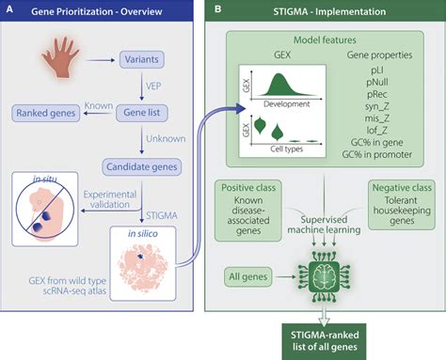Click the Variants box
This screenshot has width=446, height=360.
pos(142,59)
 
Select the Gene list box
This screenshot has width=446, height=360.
pos(142,113)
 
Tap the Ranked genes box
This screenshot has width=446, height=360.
pos(46,113)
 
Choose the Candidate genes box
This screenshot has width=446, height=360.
pos(142,167)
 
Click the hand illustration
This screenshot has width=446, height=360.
pos(61,57)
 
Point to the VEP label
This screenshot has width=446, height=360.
pos(153,86)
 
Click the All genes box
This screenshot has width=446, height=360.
pos(248,276)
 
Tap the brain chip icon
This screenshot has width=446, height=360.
pos(324,277)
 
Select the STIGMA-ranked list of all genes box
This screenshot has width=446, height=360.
pos(325,341)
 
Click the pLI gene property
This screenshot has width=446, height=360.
pos(376,70)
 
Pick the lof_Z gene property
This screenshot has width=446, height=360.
pos(376,130)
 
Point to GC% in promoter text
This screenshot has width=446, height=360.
pos(376,154)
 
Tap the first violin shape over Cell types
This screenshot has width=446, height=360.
pos(260,125)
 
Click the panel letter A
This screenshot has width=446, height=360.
pos(9,9)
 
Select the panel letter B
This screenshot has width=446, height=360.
pos(217,9)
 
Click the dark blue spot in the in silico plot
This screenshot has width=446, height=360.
pos(140,257)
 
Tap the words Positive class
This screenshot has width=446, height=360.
pos(248,187)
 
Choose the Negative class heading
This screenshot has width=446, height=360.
pos(402,187)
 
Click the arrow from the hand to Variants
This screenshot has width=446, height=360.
pos(101,60)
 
